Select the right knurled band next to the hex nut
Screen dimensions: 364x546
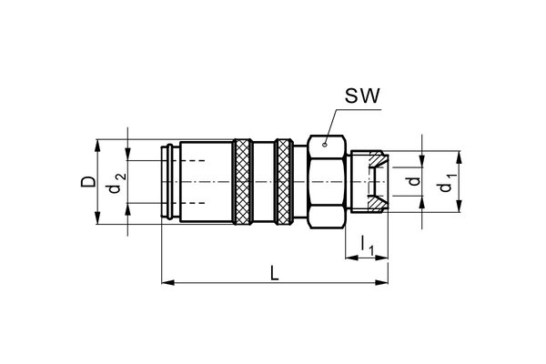[x=284, y=182]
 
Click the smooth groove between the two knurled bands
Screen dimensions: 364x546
[x=263, y=182]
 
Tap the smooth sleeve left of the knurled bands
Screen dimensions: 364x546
[x=205, y=182]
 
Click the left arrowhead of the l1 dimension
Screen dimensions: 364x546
[x=349, y=258]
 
